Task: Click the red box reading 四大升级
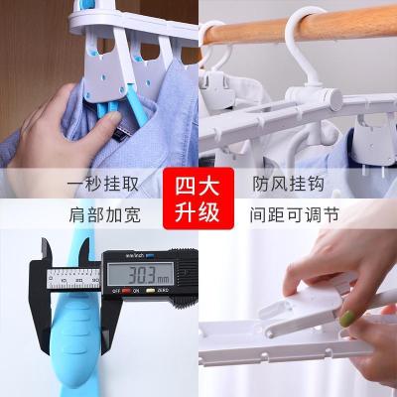pyautogui.click(x=198, y=198)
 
